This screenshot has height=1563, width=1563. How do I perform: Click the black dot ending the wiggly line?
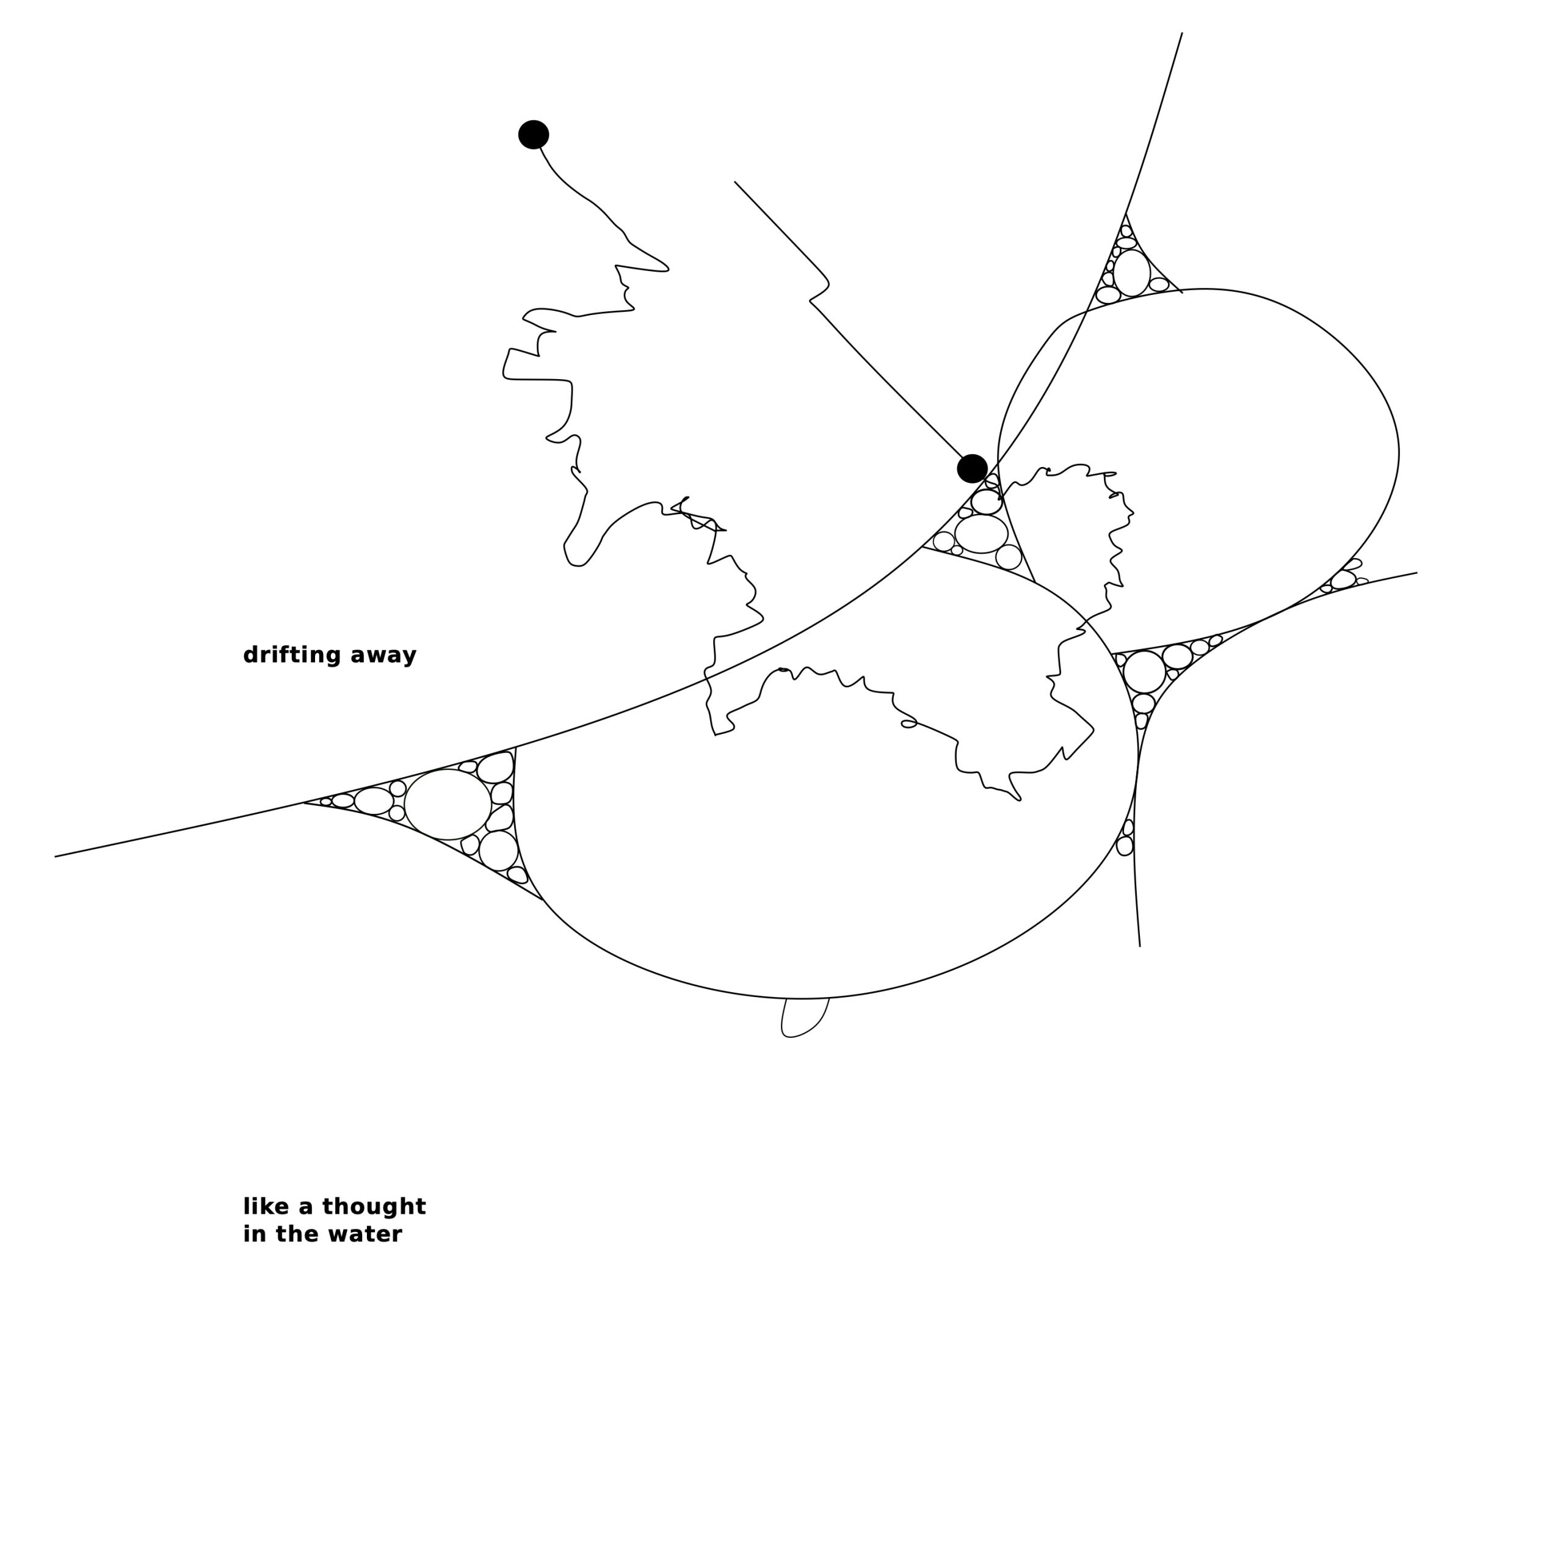click(x=533, y=134)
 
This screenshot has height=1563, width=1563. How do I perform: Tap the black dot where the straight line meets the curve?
click(x=971, y=468)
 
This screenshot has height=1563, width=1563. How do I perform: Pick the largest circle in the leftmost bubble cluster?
click(x=448, y=804)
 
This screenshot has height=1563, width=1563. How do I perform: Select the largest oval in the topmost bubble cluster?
click(x=1131, y=273)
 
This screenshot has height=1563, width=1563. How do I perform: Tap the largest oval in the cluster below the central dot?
click(x=981, y=534)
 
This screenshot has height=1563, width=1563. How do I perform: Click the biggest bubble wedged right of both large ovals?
click(x=1144, y=672)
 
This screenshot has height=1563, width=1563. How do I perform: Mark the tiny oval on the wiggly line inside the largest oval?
click(x=908, y=723)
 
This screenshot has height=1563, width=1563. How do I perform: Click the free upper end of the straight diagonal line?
click(x=734, y=182)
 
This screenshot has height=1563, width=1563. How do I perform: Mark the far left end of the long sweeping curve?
click(x=55, y=856)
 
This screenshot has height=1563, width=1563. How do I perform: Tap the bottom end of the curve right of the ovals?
click(x=1140, y=946)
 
